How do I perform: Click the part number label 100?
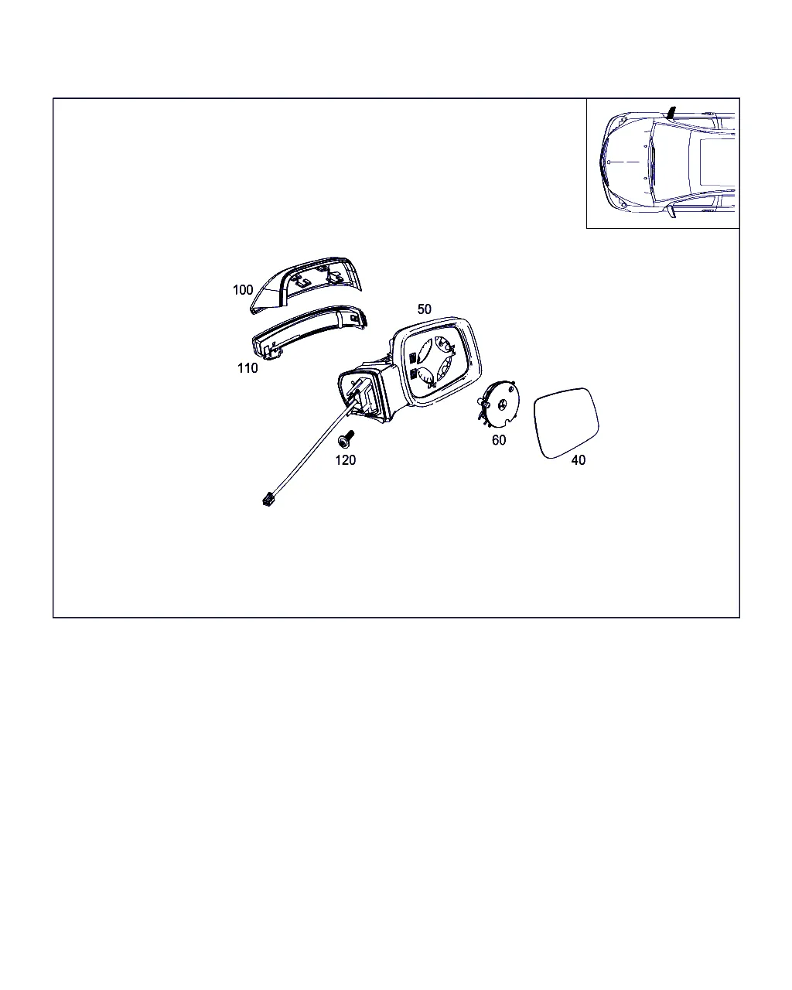[243, 290]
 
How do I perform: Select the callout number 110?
[247, 368]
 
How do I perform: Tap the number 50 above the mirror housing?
[425, 309]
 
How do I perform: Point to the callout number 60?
[499, 440]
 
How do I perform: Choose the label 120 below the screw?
[345, 460]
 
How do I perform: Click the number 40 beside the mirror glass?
[579, 460]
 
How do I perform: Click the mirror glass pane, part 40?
[566, 423]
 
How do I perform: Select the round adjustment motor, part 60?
[499, 405]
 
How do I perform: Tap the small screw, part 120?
[346, 439]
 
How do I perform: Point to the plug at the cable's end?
[268, 499]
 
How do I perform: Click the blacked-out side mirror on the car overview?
[672, 112]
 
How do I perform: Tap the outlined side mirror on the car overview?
[672, 212]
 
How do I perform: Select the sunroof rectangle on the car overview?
[717, 163]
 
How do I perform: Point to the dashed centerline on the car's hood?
[624, 162]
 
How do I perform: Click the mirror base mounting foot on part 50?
[364, 394]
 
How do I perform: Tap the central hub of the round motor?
[502, 405]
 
